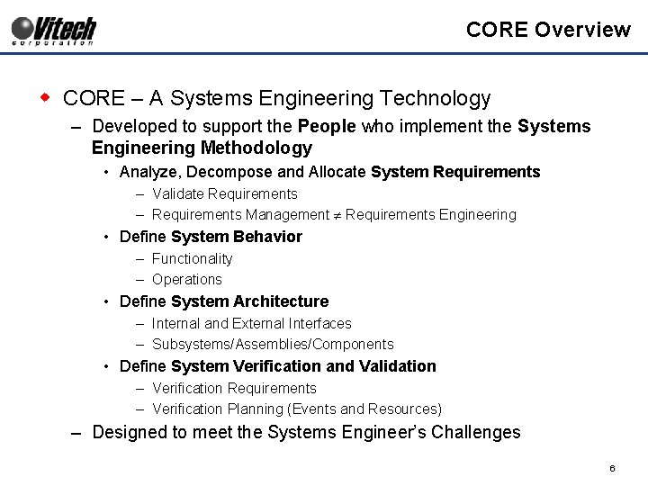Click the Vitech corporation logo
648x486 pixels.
54,30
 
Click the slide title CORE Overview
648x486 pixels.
548,30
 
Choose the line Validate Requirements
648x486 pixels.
224,193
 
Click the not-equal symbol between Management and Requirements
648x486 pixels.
337,215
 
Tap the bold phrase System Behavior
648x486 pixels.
236,237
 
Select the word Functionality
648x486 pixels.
192,258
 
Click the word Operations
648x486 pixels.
186,279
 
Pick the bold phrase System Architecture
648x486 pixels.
249,301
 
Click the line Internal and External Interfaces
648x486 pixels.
251,323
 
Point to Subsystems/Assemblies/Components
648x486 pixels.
273,344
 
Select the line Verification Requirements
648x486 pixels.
234,388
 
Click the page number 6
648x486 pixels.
611,469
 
